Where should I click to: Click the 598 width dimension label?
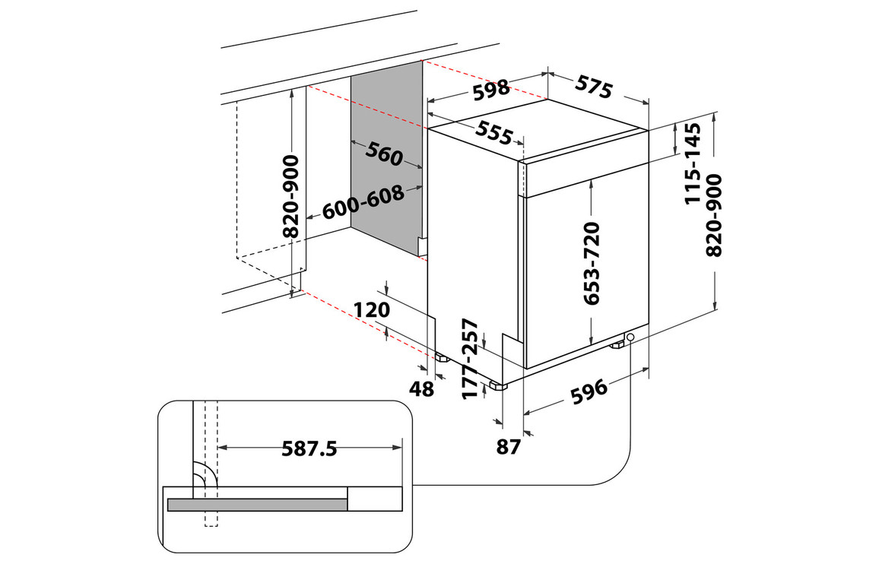click(x=490, y=90)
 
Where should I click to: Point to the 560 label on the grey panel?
click(x=383, y=154)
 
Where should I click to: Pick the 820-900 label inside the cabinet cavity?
click(x=291, y=196)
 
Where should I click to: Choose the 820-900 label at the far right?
click(x=714, y=214)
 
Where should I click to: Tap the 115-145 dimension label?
click(x=693, y=163)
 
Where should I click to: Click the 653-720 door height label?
click(x=592, y=262)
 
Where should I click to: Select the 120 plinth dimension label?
click(x=372, y=309)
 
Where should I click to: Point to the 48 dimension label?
click(x=421, y=388)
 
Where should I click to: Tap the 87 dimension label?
click(x=508, y=446)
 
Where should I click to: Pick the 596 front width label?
click(x=588, y=389)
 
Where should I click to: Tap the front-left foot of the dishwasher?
click(x=499, y=385)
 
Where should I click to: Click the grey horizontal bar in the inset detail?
click(x=257, y=505)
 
